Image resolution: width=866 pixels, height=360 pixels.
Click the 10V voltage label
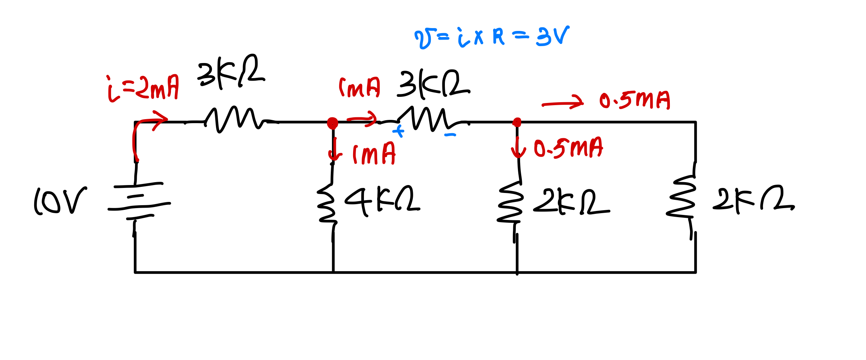coord(60,201)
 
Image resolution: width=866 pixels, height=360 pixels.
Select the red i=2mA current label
coord(143,89)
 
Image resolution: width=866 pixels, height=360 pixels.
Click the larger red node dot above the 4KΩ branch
coord(333,123)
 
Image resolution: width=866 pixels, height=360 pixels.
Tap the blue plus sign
coord(398,131)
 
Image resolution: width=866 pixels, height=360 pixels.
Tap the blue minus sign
coord(450,135)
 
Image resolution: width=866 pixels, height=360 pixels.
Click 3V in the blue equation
coord(552,36)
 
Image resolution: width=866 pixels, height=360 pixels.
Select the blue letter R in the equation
coord(499,36)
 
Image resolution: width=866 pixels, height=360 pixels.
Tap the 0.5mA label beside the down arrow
coord(568,148)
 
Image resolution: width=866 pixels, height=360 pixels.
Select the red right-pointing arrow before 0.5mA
coord(562,103)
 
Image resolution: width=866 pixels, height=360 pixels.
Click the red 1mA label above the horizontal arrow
coord(359,87)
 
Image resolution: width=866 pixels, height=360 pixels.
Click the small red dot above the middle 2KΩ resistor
coord(517,122)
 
